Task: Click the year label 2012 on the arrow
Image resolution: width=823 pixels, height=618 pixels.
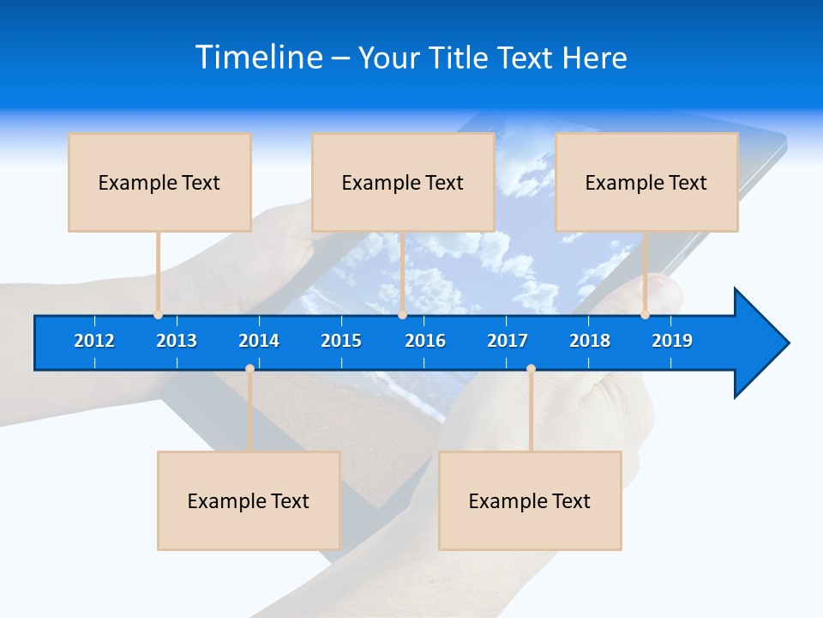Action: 94,341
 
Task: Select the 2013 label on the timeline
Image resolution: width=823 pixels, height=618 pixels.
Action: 177,341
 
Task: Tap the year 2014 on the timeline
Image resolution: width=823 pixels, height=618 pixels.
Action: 259,341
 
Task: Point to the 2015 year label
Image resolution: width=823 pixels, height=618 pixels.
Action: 341,341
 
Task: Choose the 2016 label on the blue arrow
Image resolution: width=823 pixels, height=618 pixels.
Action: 425,341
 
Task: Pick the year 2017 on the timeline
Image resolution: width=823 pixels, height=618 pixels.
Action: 508,341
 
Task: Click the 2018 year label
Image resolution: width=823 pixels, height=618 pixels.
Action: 590,341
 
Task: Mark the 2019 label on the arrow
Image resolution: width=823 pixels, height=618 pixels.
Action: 672,341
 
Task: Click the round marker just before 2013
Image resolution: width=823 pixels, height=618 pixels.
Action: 158,314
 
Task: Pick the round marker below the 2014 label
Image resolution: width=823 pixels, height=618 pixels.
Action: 249,369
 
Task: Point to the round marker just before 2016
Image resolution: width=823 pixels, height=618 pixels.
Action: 402,314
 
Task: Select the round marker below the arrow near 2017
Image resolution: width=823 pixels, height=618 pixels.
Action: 531,369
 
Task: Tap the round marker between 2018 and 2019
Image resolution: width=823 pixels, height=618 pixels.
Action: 645,314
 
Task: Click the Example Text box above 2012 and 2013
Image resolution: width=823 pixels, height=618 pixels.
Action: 159,182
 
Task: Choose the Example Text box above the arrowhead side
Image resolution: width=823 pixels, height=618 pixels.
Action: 646,182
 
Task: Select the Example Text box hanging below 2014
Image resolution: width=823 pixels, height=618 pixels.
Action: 249,500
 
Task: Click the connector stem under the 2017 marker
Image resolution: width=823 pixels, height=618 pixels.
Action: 531,412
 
